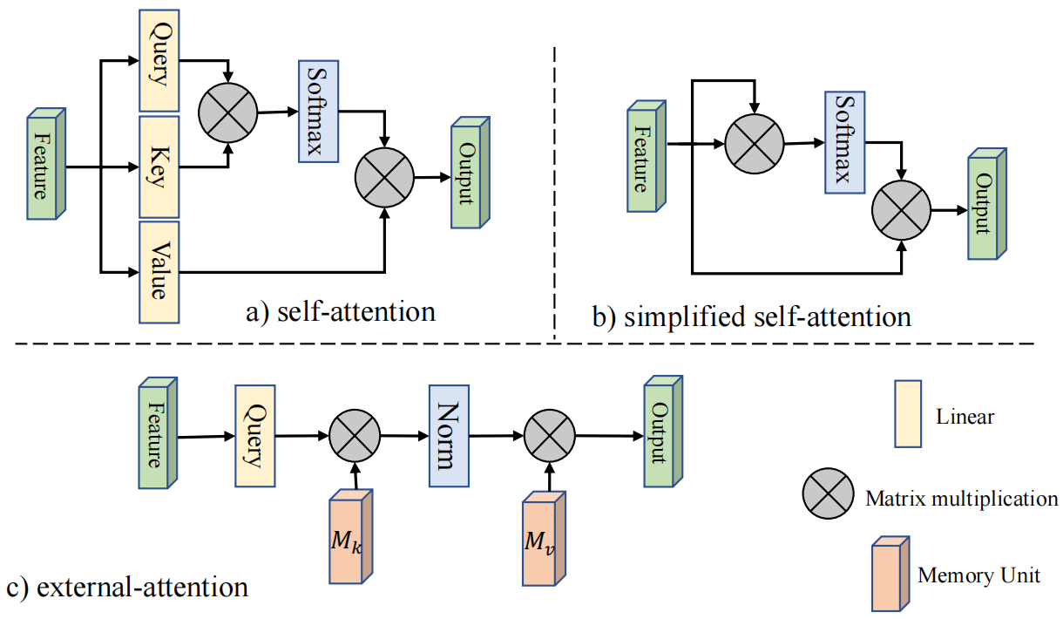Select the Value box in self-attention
pyautogui.click(x=158, y=272)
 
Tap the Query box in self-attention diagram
pyautogui.click(x=158, y=61)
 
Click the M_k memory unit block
pyautogui.click(x=349, y=537)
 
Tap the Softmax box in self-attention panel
pyautogui.click(x=318, y=112)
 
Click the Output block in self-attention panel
pyautogui.click(x=468, y=174)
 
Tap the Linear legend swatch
pyautogui.click(x=909, y=413)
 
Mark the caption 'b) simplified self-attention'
pyautogui.click(x=750, y=317)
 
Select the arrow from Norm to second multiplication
pyautogui.click(x=498, y=434)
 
